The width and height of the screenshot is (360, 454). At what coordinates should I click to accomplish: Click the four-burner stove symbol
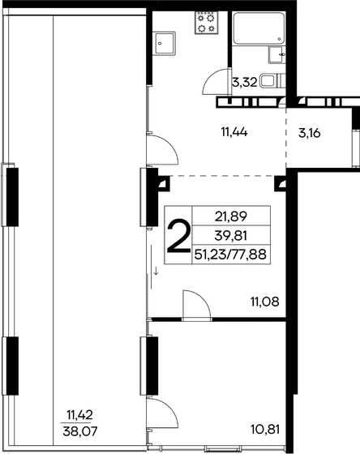coord(207,24)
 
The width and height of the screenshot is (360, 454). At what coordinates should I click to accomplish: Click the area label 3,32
coord(244,82)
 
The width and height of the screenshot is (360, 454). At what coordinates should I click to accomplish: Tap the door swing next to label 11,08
coord(195,304)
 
